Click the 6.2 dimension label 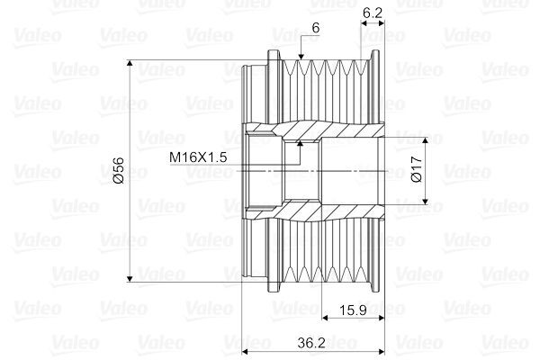pyautogui.click(x=373, y=13)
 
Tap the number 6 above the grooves pyautogui.click(x=316, y=28)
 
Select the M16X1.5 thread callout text pyautogui.click(x=198, y=157)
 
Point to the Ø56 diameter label pyautogui.click(x=118, y=170)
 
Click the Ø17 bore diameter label pyautogui.click(x=417, y=169)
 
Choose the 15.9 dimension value pyautogui.click(x=353, y=310)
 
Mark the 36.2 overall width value pyautogui.click(x=311, y=343)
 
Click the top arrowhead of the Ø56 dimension pyautogui.click(x=130, y=63)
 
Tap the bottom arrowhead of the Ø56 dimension pyautogui.click(x=130, y=279)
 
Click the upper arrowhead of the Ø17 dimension pyautogui.click(x=426, y=139)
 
